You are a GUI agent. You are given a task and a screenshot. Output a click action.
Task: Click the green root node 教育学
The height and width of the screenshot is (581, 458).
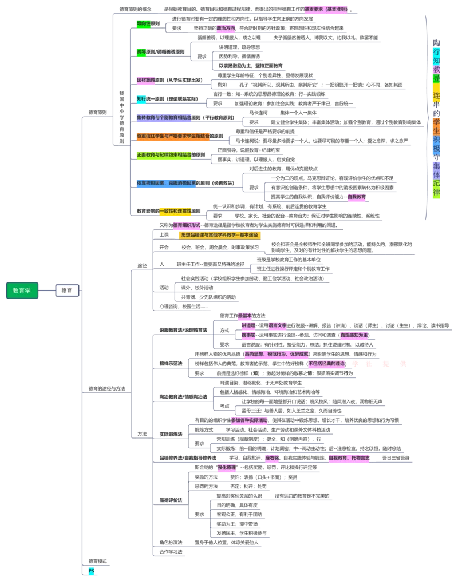tap(22, 290)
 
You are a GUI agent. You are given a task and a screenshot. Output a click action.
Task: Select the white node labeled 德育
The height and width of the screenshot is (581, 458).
tap(67, 290)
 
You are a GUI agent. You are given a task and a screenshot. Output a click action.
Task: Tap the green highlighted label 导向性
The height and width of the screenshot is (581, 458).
tap(143, 24)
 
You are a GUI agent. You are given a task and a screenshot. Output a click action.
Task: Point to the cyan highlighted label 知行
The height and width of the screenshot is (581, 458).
tap(141, 98)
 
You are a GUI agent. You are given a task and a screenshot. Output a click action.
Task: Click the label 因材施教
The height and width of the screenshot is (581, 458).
tap(145, 80)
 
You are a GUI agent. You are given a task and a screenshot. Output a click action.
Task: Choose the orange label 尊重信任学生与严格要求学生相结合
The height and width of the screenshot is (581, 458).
tap(172, 136)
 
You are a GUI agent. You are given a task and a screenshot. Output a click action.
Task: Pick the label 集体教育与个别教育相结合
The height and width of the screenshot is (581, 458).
tap(163, 117)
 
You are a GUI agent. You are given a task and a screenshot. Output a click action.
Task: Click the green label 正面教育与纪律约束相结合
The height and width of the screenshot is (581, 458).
tap(164, 154)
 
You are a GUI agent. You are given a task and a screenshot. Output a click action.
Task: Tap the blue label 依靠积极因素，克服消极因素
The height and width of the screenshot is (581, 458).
tap(166, 183)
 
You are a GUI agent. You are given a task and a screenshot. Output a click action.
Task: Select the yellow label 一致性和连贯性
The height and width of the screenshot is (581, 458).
tap(176, 211)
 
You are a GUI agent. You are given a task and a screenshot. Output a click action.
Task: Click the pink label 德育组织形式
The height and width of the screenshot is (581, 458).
tap(187, 225)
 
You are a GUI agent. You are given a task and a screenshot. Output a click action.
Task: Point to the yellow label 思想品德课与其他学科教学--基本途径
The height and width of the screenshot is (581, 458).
tap(219, 234)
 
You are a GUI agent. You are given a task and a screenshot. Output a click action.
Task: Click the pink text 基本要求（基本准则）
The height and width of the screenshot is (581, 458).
tap(325, 10)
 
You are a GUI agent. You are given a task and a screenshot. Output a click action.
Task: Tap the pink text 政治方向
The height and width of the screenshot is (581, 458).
tap(226, 28)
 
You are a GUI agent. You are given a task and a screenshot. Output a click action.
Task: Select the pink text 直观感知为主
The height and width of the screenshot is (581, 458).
tap(354, 335)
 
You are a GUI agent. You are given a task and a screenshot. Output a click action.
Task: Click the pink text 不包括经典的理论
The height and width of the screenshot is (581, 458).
tap(326, 363)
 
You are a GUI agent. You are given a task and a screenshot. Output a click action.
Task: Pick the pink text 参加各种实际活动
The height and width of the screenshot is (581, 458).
tap(249, 420)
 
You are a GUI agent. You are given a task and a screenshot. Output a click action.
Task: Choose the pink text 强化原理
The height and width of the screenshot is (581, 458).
tap(226, 467)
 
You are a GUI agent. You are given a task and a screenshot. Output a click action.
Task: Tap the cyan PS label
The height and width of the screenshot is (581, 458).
tap(91, 571)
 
